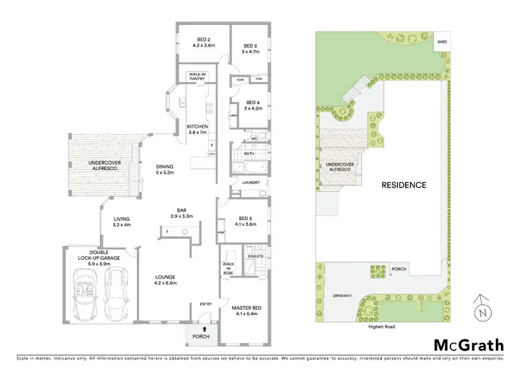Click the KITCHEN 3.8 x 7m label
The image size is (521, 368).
(x=198, y=128)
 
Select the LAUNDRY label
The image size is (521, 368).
(x=251, y=183)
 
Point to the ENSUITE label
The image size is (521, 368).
(x=256, y=256)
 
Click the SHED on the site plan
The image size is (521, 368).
(x=442, y=42)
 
